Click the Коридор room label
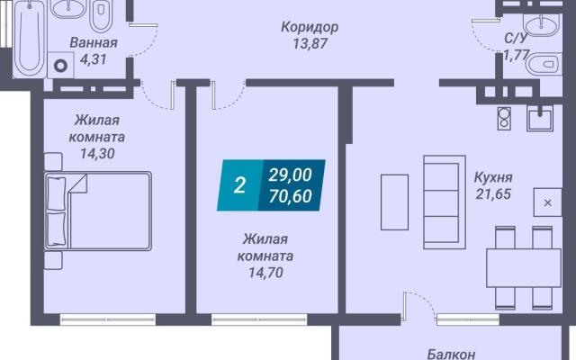pos(310,27)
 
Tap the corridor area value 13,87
pos(310,44)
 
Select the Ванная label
pos(94,42)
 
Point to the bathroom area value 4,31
pos(94,59)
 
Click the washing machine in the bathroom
pos(60,65)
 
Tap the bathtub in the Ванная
pos(30,39)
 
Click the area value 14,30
pos(97,153)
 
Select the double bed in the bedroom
pos(98,211)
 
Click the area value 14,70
pos(265,273)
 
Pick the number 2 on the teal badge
pos(239,185)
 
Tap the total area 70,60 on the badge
pos(290,196)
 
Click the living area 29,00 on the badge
pos(290,175)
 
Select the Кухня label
pos(493,177)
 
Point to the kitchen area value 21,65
pos(493,194)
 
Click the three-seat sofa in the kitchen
pos(445,202)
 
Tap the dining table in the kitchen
pos(524,268)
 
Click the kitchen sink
pos(540,118)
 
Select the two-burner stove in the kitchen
pos(504,118)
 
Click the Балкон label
pos(452,354)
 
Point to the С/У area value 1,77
pos(516,55)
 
